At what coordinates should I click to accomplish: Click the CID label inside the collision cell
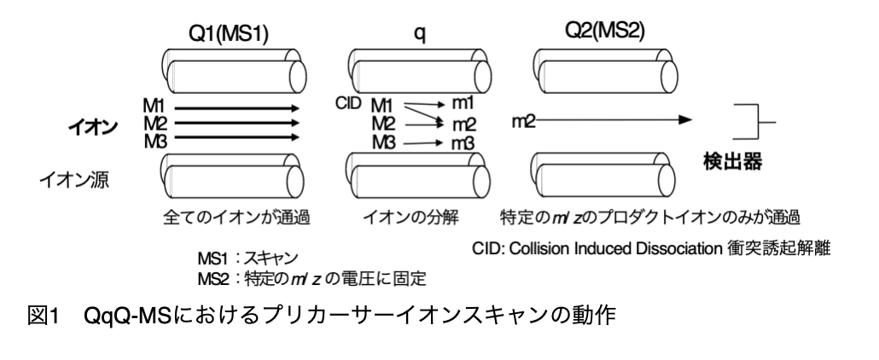coord(350,103)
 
